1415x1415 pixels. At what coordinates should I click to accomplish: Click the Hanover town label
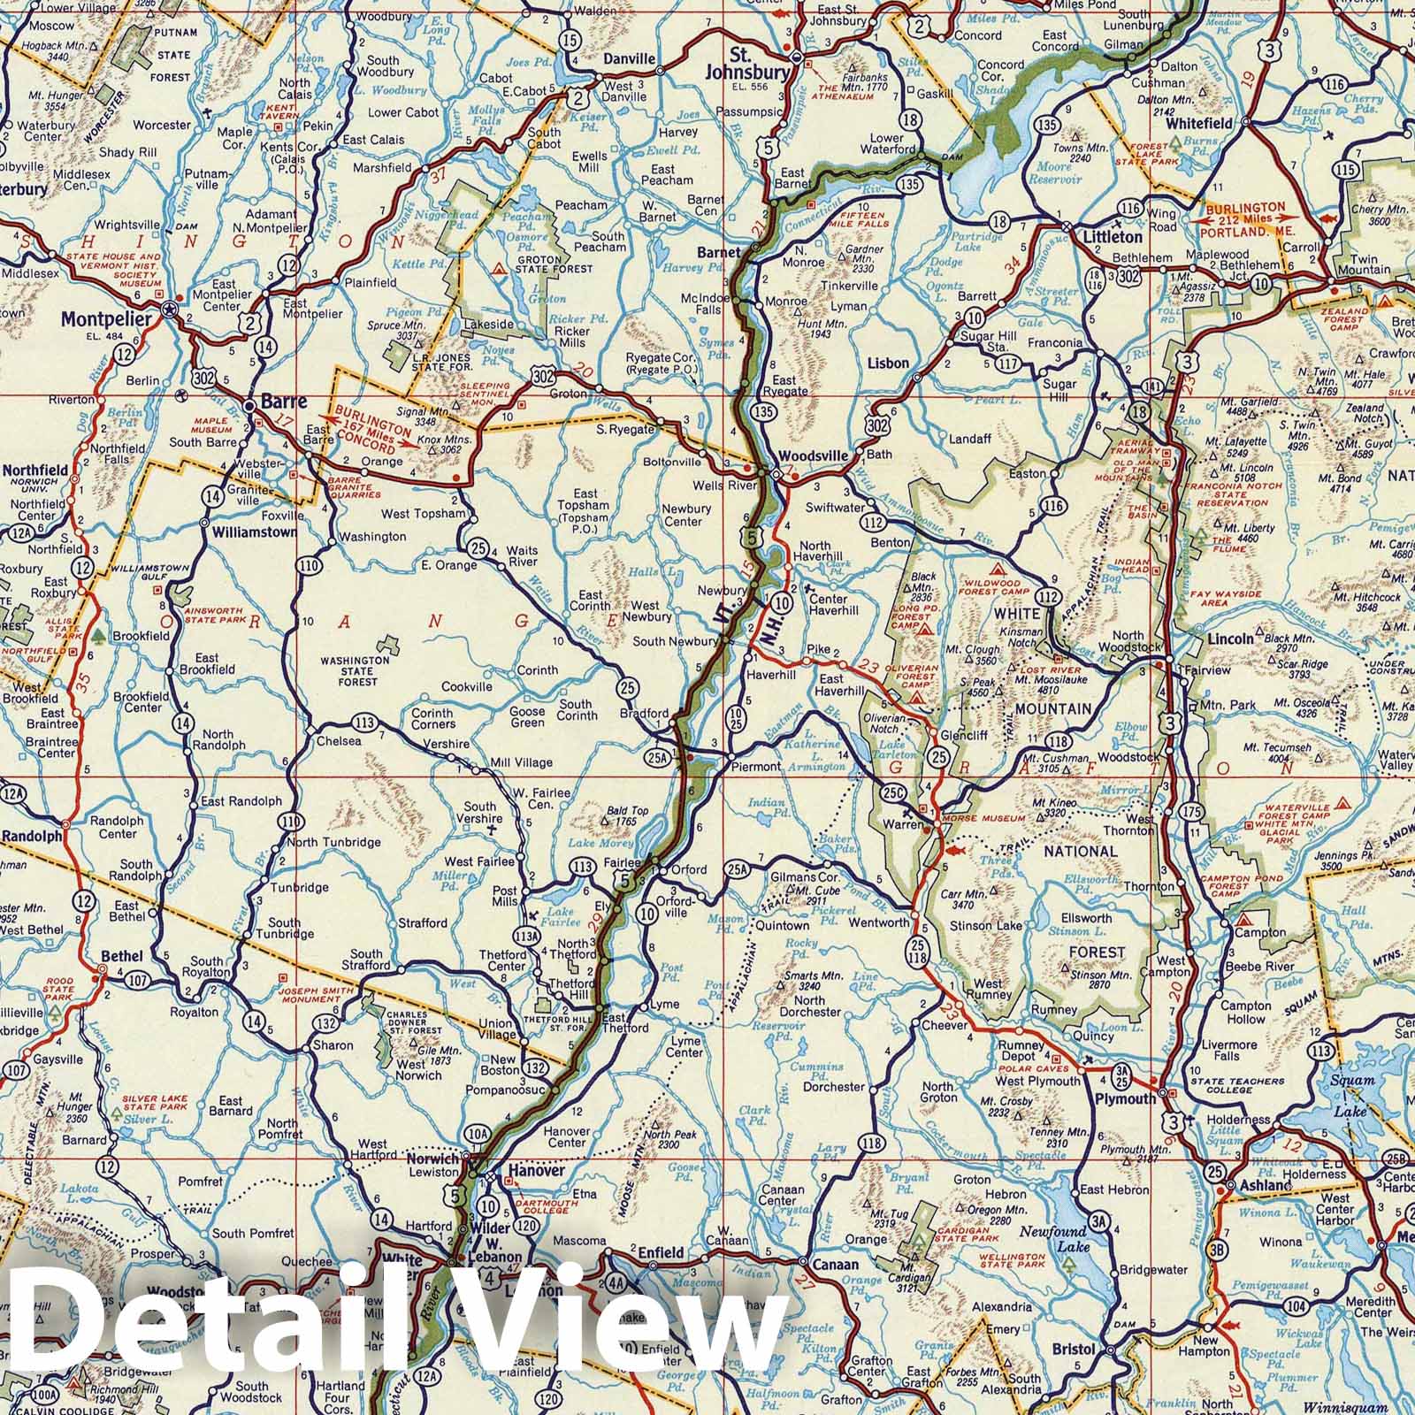click(x=534, y=1170)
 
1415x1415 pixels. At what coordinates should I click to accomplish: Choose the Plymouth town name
click(x=1125, y=1098)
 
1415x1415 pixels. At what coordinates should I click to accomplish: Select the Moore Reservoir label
click(x=1059, y=172)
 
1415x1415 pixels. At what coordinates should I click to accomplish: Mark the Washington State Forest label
click(x=356, y=670)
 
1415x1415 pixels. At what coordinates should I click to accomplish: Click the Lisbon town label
click(x=888, y=363)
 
